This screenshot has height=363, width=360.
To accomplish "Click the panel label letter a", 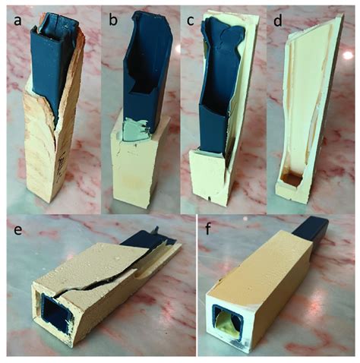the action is pyautogui.click(x=17, y=21).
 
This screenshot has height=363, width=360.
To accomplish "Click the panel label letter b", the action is pyautogui.click(x=113, y=21).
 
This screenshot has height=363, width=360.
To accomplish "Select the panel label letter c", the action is pyautogui.click(x=191, y=21).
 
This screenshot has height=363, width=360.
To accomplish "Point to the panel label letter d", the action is pyautogui.click(x=278, y=21).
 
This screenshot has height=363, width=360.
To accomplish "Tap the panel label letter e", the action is pyautogui.click(x=17, y=229).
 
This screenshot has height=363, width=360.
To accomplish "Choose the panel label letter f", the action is pyautogui.click(x=208, y=229).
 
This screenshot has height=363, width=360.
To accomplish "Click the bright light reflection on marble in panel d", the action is pyautogui.click(x=348, y=55).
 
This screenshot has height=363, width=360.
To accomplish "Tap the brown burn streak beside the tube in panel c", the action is pyautogui.click(x=229, y=154).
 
